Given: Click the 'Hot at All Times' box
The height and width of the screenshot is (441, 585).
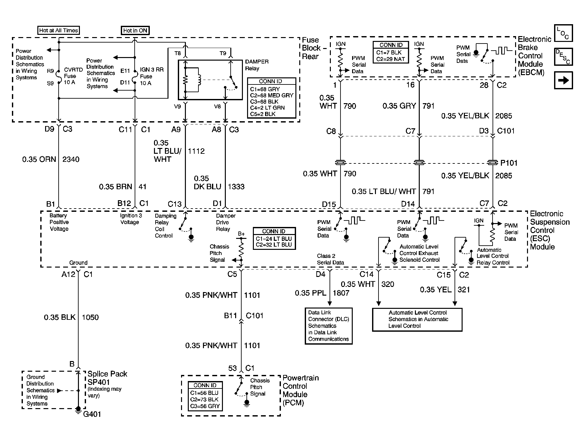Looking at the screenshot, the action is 58,30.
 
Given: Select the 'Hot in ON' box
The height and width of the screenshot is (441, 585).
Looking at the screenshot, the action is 135,31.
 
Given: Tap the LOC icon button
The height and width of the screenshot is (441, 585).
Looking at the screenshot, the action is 563,33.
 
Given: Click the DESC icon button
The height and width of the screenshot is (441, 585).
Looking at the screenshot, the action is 563,57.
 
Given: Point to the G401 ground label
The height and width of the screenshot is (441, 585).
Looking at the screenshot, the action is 92,414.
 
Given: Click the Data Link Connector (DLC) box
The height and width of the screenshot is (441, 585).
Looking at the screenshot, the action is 329,326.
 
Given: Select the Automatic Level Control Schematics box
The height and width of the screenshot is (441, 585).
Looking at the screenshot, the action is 417,319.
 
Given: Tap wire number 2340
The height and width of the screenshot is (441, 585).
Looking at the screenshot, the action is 71,159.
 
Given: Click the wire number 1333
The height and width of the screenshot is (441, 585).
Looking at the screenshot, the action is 236,187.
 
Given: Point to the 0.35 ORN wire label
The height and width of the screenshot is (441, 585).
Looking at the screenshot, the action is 39,159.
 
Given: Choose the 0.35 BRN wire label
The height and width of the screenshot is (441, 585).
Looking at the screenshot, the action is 116,187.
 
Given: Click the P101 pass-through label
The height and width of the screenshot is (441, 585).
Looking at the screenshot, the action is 509,163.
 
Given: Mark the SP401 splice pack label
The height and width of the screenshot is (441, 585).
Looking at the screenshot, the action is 99,382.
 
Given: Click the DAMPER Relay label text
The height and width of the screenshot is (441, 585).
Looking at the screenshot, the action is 257,65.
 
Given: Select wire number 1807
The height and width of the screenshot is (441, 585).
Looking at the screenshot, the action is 341,293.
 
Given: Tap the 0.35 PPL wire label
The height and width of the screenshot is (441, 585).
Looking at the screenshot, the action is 311,293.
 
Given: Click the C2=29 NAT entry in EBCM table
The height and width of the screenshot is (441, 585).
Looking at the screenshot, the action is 390,59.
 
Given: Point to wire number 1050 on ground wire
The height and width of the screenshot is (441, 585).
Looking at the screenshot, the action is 90,318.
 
